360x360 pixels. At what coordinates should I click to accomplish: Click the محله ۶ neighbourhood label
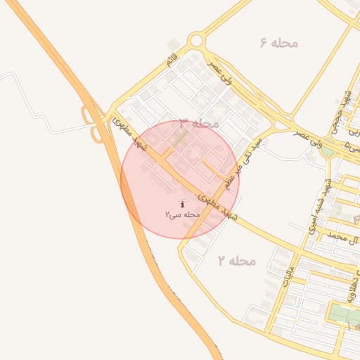click(x=279, y=43)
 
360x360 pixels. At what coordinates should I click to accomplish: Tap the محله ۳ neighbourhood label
click(x=199, y=124)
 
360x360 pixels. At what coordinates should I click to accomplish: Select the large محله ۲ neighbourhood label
click(x=236, y=261)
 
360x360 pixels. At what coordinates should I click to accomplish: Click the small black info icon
click(x=183, y=204)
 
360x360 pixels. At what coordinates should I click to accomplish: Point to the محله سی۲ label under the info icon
click(x=183, y=214)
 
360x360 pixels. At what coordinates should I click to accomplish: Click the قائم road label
click(x=172, y=60)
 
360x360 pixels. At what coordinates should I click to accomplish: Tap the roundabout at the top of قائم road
click(x=196, y=41)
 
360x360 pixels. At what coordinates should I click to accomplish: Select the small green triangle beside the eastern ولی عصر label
click(x=326, y=150)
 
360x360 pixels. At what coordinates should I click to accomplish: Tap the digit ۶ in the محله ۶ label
click(x=264, y=43)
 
